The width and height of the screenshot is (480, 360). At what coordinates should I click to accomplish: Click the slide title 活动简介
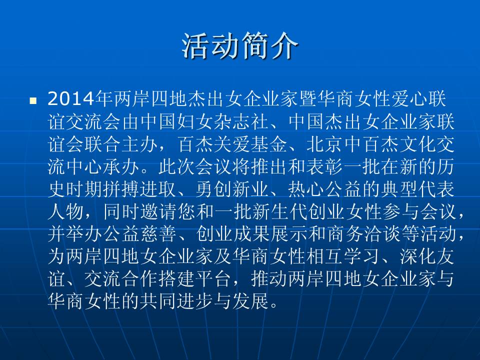tap(240, 46)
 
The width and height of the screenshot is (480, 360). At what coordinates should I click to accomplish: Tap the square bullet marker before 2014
tap(33, 100)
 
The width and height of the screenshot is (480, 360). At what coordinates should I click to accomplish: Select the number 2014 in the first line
tap(70, 99)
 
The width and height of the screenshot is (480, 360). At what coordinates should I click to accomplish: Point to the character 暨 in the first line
tap(308, 99)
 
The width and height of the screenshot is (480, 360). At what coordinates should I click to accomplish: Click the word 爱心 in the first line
tap(410, 99)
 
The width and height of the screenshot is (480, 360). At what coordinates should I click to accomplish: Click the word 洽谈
tap(381, 234)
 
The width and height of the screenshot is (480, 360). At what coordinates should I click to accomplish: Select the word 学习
tap(361, 256)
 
